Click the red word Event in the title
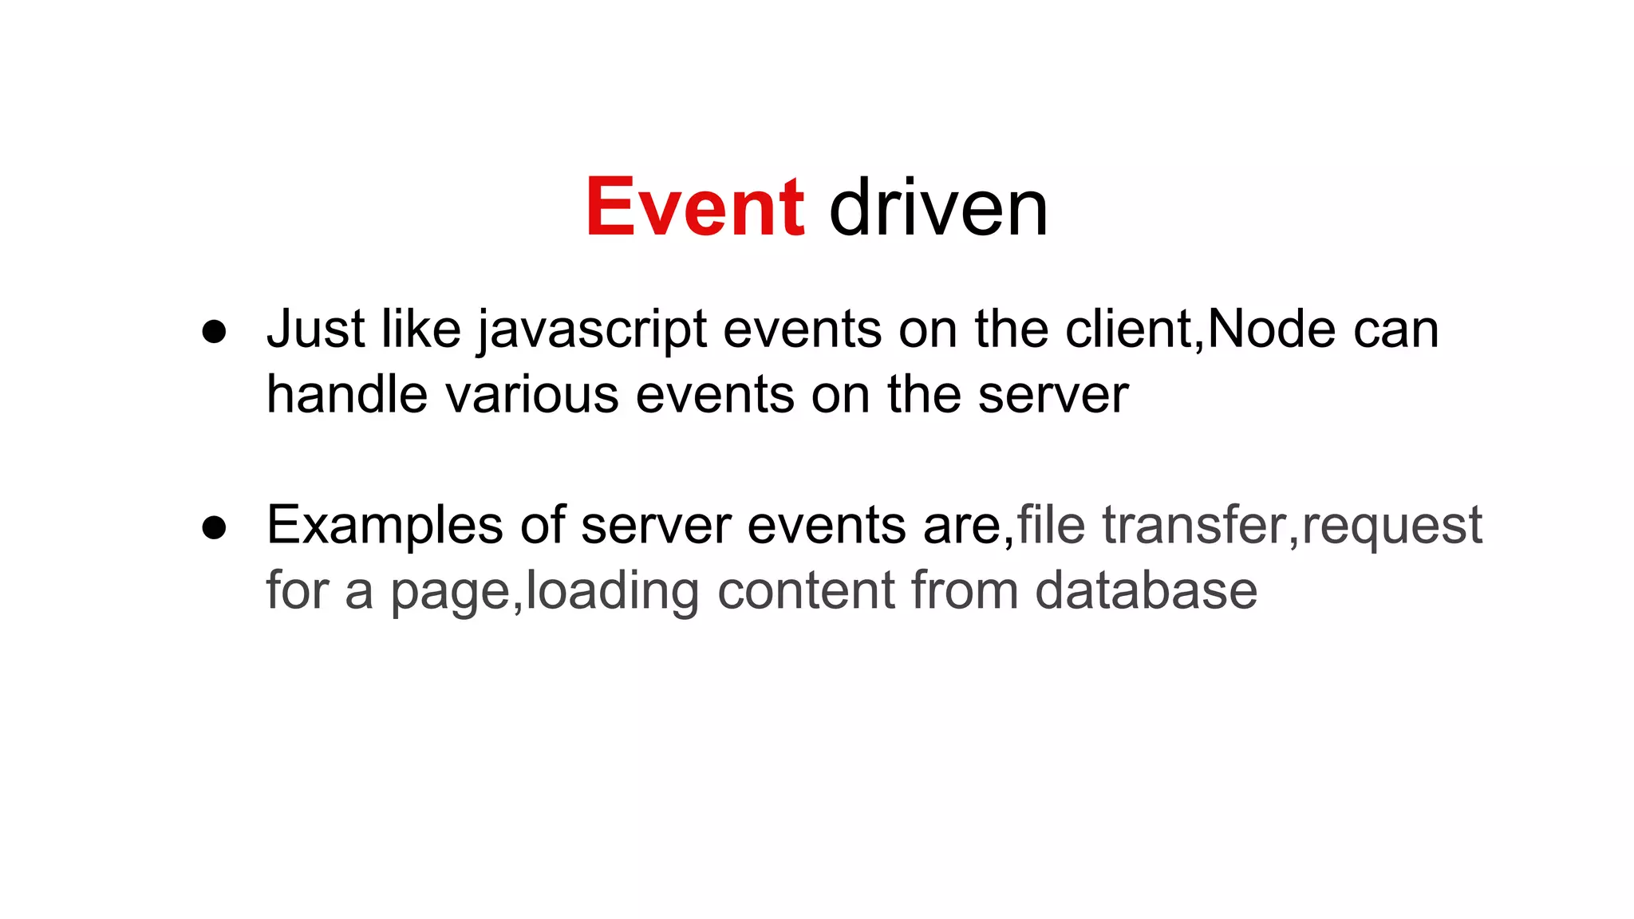[695, 207]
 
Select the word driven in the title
[938, 207]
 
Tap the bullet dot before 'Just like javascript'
[214, 332]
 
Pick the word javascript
[592, 330]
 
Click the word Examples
[385, 527]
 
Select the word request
[1391, 527]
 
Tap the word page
[450, 592]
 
